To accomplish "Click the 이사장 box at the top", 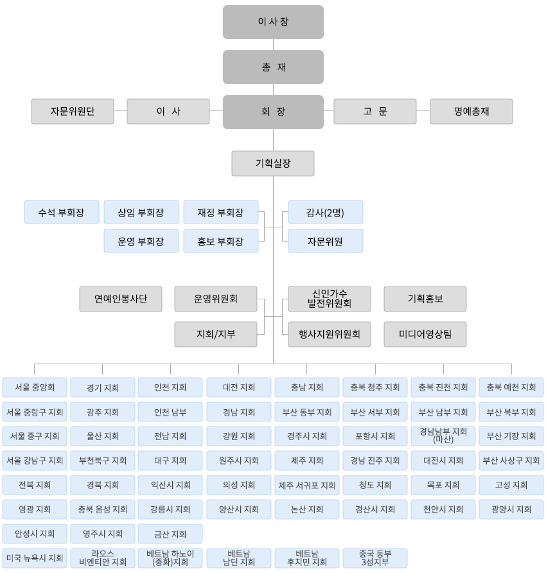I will [273, 22].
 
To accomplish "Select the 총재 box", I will [273, 67].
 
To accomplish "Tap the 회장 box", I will [273, 112].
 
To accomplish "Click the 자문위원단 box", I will [73, 111].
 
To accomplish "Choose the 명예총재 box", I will [471, 111].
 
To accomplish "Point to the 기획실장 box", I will [273, 163].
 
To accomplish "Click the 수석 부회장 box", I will [62, 212].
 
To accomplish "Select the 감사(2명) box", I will [325, 212].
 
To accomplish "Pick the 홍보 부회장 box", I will [220, 241].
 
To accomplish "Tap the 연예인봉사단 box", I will [121, 299].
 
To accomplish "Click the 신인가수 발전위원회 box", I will [330, 299].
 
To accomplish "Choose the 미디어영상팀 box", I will [425, 334].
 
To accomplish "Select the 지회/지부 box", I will [216, 334].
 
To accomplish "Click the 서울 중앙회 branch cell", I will [35, 387].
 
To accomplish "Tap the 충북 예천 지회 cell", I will [511, 387].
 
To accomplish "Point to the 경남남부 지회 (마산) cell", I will [443, 436].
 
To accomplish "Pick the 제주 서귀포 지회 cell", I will [306, 485].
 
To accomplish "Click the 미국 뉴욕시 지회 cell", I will [35, 558].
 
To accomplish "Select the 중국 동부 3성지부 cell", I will [374, 558].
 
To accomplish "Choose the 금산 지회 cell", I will [170, 534].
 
